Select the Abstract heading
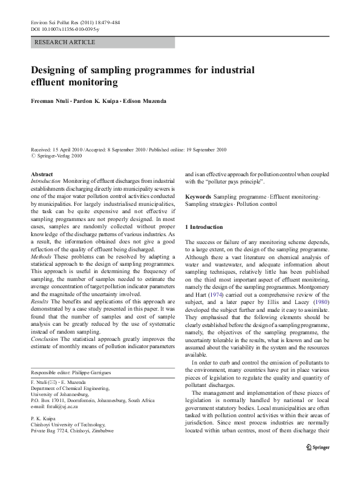[42, 174]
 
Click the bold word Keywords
[198, 197]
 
